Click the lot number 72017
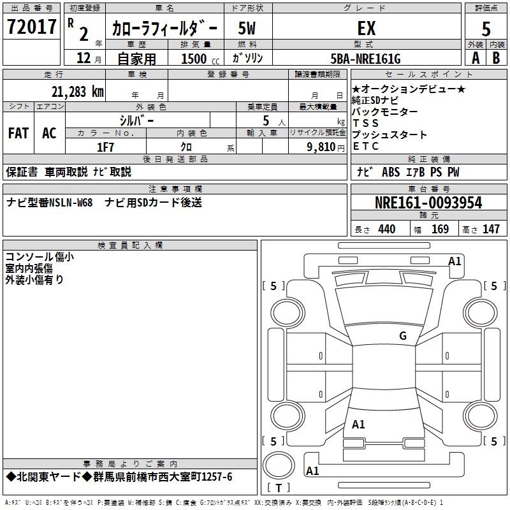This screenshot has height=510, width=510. click(31, 27)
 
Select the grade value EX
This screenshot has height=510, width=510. click(367, 28)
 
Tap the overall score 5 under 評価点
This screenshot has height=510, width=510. click(486, 29)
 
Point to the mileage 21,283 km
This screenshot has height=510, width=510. click(78, 92)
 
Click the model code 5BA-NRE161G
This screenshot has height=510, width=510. click(365, 59)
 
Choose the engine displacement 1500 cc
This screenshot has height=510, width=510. click(200, 59)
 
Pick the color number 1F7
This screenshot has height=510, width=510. click(105, 147)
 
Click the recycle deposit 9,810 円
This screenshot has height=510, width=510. click(326, 147)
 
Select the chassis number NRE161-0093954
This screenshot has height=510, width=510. click(428, 203)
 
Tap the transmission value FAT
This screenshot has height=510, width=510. click(18, 133)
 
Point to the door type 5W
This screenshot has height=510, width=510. click(247, 28)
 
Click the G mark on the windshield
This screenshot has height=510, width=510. click(403, 336)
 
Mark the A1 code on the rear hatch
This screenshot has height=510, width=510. click(358, 425)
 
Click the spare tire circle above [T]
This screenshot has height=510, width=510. click(279, 465)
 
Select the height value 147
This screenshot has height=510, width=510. click(491, 229)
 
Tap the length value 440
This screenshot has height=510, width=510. click(387, 229)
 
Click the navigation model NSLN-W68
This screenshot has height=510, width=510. click(71, 203)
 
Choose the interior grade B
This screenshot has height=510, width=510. click(496, 58)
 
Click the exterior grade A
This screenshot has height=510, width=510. click(476, 58)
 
